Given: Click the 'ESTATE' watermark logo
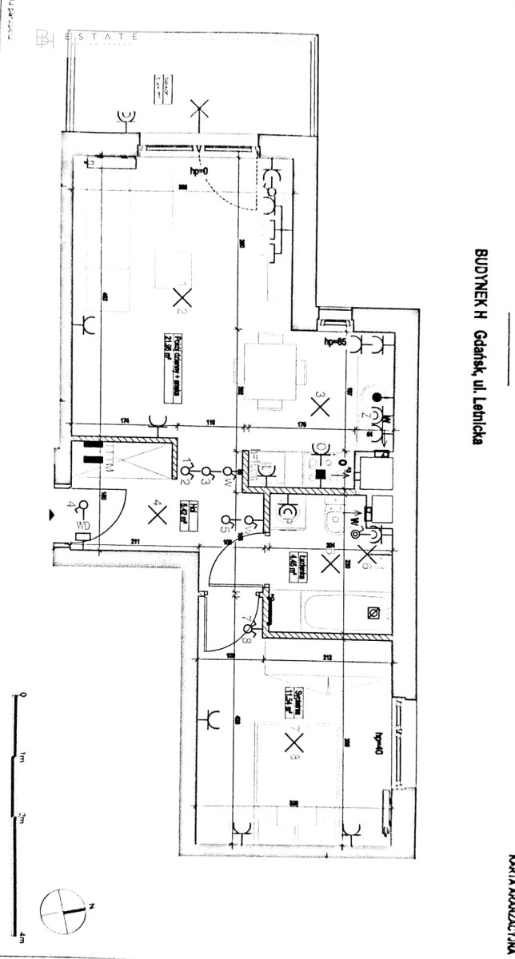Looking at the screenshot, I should click(88, 37).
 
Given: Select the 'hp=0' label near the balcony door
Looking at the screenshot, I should click(198, 173).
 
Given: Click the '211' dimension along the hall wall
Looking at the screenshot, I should click(136, 544).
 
